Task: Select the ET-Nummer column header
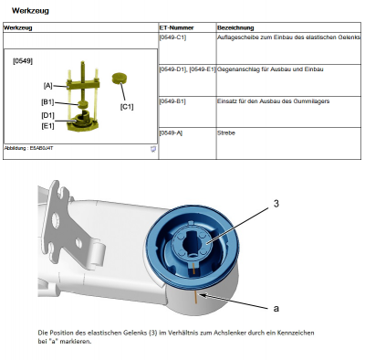click(174, 28)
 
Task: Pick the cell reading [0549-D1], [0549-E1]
click(187, 69)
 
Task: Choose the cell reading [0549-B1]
click(172, 101)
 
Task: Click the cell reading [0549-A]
click(171, 132)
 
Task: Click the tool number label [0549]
click(24, 61)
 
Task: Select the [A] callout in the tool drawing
click(47, 85)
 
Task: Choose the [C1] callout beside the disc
click(127, 107)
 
